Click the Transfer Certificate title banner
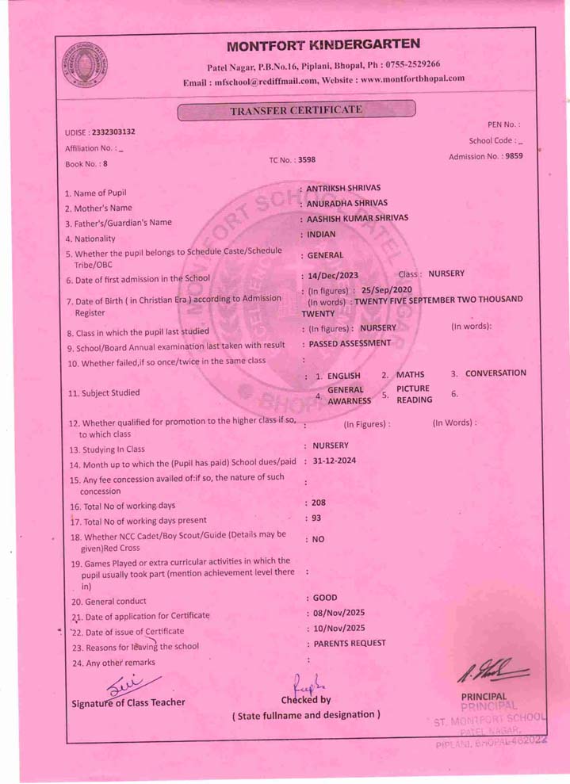tap(296, 111)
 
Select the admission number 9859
tap(515, 156)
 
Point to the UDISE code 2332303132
tap(113, 132)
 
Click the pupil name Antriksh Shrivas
tap(343, 188)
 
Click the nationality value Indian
tap(321, 235)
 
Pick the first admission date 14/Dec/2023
tap(333, 276)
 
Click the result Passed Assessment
tap(350, 343)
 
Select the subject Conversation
tap(495, 373)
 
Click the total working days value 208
tap(318, 503)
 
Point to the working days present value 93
tap(316, 518)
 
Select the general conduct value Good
tap(324, 598)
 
